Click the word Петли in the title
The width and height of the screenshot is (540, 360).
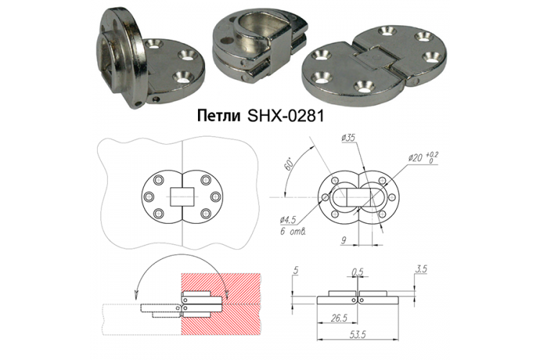[219, 116]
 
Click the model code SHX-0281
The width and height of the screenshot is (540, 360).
[286, 116]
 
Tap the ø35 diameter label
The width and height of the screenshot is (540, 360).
[348, 138]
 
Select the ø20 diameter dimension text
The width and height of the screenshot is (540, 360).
[415, 158]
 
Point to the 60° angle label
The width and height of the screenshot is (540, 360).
[288, 163]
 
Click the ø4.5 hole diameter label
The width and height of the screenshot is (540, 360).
[288, 220]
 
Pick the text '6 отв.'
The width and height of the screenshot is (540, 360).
[293, 231]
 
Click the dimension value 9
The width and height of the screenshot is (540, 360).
[343, 240]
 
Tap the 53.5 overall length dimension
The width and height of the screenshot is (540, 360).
[357, 334]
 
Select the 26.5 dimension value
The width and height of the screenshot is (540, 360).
[338, 318]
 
